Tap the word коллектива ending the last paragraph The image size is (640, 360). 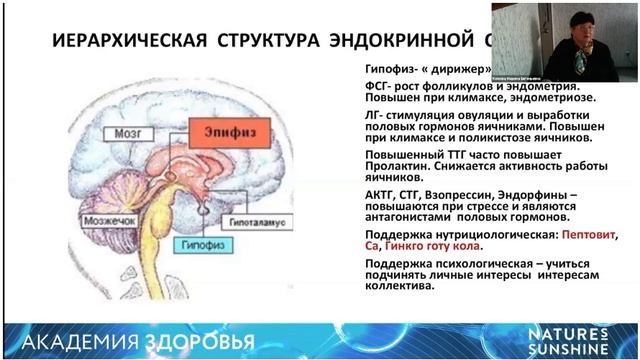point(399,284)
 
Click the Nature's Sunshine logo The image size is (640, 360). point(584,339)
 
